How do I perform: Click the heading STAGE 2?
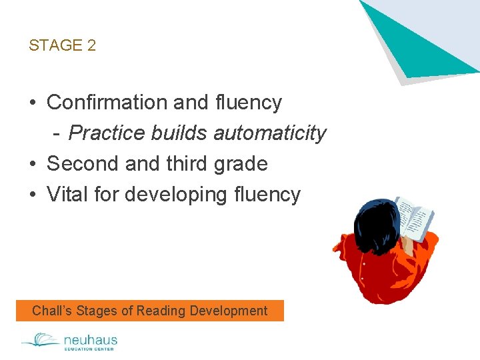[x=63, y=45]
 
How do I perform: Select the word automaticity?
[x=270, y=133]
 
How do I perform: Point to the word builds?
[x=179, y=133]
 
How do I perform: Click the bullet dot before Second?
[x=33, y=165]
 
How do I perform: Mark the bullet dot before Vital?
[x=33, y=195]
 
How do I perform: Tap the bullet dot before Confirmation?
[x=33, y=103]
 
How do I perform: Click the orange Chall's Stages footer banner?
[x=150, y=311]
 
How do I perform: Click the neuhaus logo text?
[x=89, y=340]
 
